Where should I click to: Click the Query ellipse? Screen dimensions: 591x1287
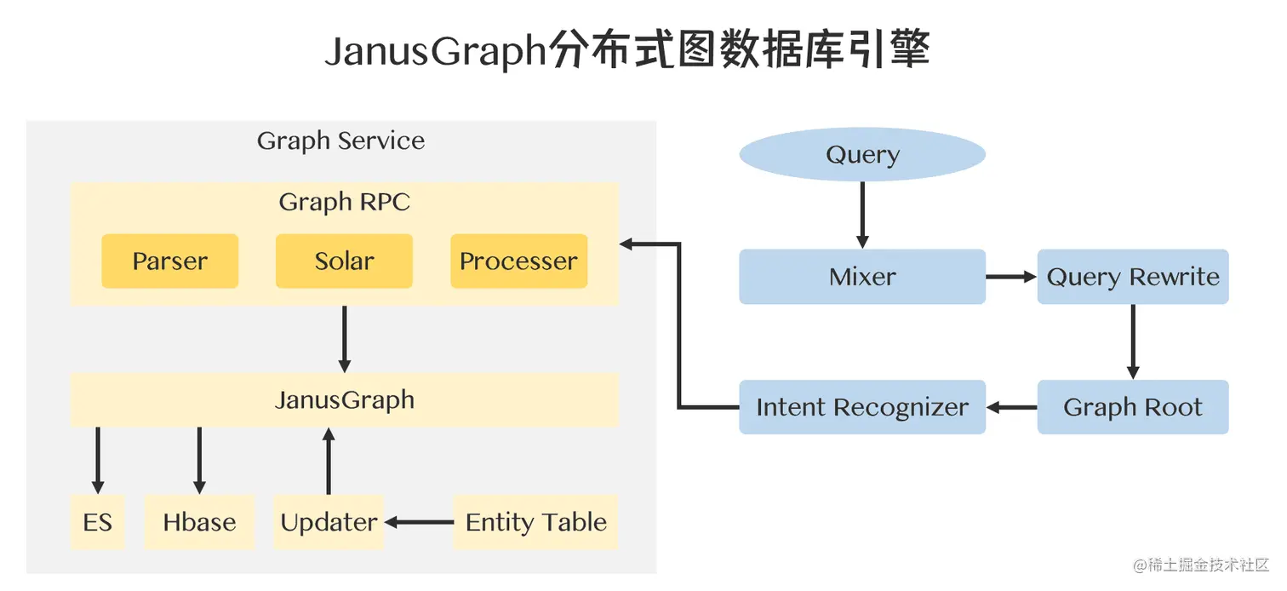[x=861, y=155]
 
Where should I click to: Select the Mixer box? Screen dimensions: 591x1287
[x=861, y=277]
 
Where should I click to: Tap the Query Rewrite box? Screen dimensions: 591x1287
[x=1132, y=277]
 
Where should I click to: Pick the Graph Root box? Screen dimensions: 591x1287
[x=1132, y=407]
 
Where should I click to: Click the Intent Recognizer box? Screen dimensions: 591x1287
[x=861, y=407]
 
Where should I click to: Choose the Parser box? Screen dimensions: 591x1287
[x=169, y=261]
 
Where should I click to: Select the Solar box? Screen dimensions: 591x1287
[x=344, y=261]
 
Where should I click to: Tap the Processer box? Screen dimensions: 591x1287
[x=518, y=261]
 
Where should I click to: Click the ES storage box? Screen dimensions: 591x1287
[x=97, y=522]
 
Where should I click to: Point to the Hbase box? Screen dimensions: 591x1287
[x=199, y=522]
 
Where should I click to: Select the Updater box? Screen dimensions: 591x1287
[x=329, y=522]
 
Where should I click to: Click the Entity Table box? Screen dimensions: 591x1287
[x=535, y=522]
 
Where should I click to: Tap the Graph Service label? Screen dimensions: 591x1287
[x=340, y=141]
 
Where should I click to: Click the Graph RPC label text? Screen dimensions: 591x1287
[x=344, y=203]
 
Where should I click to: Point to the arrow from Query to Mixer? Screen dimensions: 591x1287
[x=861, y=215]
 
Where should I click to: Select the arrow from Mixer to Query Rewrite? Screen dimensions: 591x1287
[x=1010, y=277]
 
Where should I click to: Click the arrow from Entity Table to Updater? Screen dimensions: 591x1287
[x=419, y=522]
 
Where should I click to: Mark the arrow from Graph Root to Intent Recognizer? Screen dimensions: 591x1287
[x=1011, y=407]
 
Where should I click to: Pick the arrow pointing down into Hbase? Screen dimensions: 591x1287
[x=199, y=460]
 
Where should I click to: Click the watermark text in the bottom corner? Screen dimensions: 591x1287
[x=1200, y=565]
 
